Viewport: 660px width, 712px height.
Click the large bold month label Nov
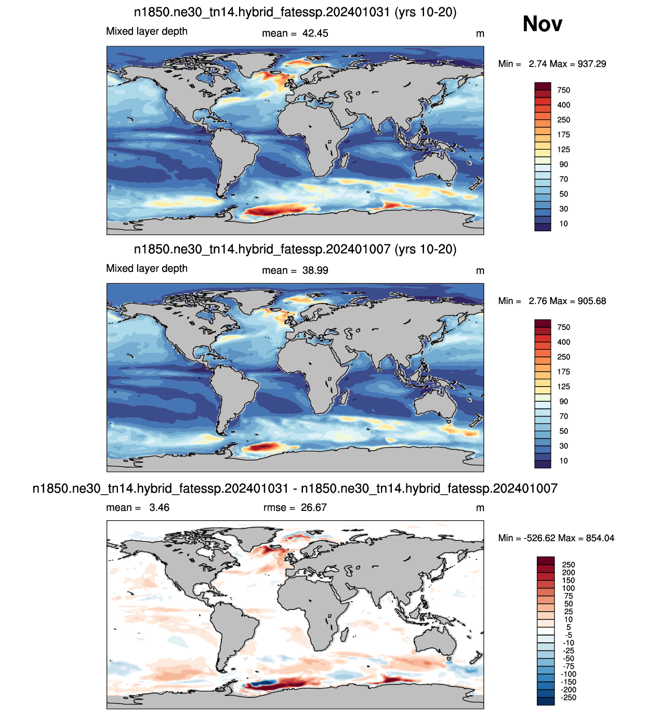click(542, 24)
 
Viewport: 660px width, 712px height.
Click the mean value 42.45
click(315, 33)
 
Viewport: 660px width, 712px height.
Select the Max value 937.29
click(591, 64)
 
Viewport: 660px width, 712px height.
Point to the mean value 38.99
click(315, 270)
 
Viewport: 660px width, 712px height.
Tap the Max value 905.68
click(591, 301)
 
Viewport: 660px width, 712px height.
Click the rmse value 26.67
click(313, 507)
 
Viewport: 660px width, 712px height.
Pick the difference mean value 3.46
click(159, 507)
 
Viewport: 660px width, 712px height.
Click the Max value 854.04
click(600, 538)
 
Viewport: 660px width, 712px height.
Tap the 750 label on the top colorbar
click(563, 90)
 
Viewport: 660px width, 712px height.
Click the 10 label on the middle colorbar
click(563, 460)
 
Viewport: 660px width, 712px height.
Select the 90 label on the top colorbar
click(563, 164)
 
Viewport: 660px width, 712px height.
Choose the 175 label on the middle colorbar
click(563, 372)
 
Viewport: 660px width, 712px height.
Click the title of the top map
click(295, 12)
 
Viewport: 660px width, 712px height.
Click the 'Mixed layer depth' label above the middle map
click(147, 268)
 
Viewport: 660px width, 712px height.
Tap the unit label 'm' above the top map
click(480, 34)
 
